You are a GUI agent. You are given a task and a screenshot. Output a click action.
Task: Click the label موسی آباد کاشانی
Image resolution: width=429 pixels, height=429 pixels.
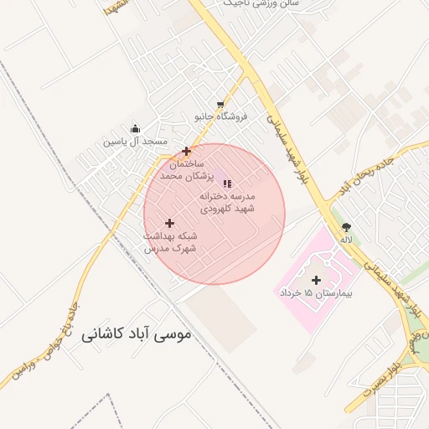[137, 333]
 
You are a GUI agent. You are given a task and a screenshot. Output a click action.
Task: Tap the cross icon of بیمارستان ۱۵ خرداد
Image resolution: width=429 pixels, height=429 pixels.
[316, 280]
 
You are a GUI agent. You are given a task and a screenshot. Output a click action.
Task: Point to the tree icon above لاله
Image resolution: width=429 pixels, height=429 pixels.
[346, 227]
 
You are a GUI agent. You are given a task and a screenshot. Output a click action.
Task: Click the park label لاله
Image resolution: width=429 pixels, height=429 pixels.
[346, 240]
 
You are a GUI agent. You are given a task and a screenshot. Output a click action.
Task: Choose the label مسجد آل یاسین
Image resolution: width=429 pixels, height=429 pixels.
[136, 142]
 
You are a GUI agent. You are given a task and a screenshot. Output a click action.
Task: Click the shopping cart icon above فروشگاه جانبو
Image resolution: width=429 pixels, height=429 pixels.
[220, 105]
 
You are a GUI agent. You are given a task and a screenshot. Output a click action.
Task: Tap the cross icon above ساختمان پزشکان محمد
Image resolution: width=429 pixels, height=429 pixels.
[186, 152]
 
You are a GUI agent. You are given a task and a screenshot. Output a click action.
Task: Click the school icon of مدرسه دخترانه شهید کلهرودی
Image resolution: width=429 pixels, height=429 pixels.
[227, 183]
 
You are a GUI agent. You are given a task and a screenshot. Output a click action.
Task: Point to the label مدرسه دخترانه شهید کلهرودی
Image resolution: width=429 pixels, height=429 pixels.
[227, 201]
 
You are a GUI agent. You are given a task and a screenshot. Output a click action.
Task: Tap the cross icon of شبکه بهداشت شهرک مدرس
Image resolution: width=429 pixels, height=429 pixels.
[170, 223]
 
